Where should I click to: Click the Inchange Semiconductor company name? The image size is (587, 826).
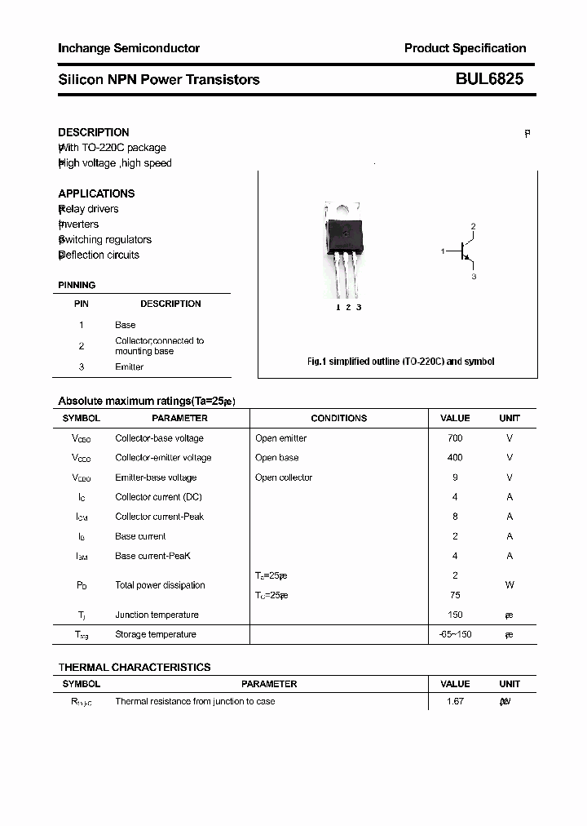point(129,48)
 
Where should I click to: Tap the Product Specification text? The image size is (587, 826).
point(465,48)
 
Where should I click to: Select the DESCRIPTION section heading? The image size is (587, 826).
point(94,132)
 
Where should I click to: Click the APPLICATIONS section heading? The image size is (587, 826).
point(96,193)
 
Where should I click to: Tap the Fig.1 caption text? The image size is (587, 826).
point(400,361)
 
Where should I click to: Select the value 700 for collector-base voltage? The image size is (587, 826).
point(455,438)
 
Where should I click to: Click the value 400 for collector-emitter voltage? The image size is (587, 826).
point(455,458)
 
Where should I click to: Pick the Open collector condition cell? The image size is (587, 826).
point(284,477)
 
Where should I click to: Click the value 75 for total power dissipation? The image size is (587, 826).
point(455,595)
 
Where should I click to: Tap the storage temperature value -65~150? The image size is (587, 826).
point(455,634)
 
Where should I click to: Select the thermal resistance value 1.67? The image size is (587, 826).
point(455,701)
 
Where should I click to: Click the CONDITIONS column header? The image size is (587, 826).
point(339,418)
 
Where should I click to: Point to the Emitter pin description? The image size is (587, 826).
point(129,367)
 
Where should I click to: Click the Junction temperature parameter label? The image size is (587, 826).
point(157,615)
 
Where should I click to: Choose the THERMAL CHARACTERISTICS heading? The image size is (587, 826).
point(135,667)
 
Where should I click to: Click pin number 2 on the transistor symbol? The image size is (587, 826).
point(473,226)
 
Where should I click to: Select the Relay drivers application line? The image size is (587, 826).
point(88,209)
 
